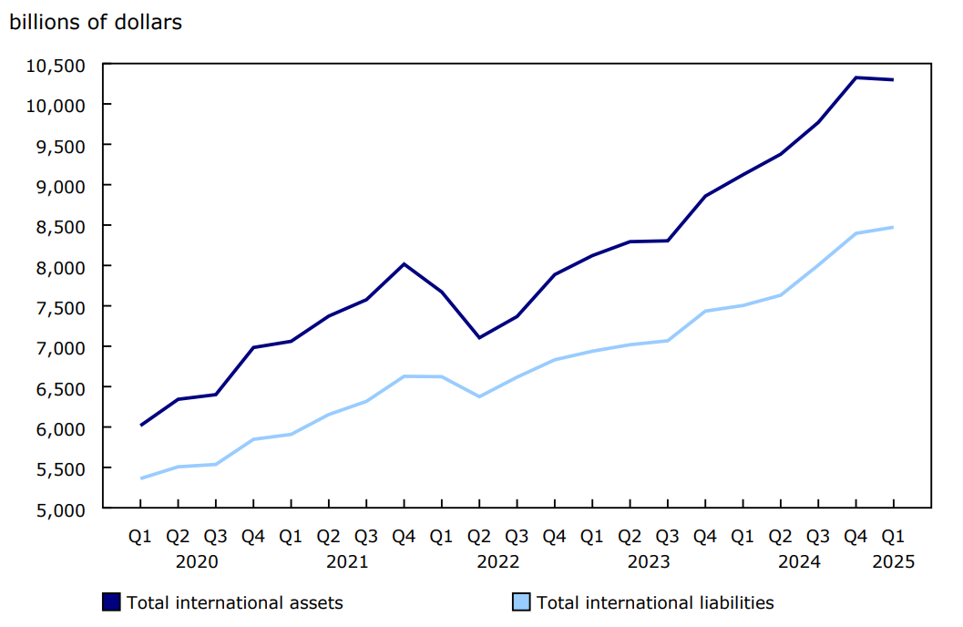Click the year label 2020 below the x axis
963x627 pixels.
coord(197,561)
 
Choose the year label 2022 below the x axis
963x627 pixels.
coord(498,561)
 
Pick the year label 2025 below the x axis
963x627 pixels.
coord(893,561)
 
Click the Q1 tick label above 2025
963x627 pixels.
coord(893,537)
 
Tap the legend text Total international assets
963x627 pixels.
coord(234,602)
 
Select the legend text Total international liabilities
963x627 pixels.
coord(655,602)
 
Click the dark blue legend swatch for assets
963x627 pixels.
coord(112,601)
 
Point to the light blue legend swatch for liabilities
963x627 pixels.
coord(521,601)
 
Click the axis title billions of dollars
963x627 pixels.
coord(96,22)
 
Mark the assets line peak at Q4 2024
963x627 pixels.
coord(855,77)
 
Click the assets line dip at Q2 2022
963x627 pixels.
coord(479,338)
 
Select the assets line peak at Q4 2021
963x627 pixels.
coord(404,264)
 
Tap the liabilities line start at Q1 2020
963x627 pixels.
coord(140,478)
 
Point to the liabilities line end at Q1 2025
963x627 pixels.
coord(893,227)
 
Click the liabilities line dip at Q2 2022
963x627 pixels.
coord(479,396)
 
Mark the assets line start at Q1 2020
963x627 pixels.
coord(140,425)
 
